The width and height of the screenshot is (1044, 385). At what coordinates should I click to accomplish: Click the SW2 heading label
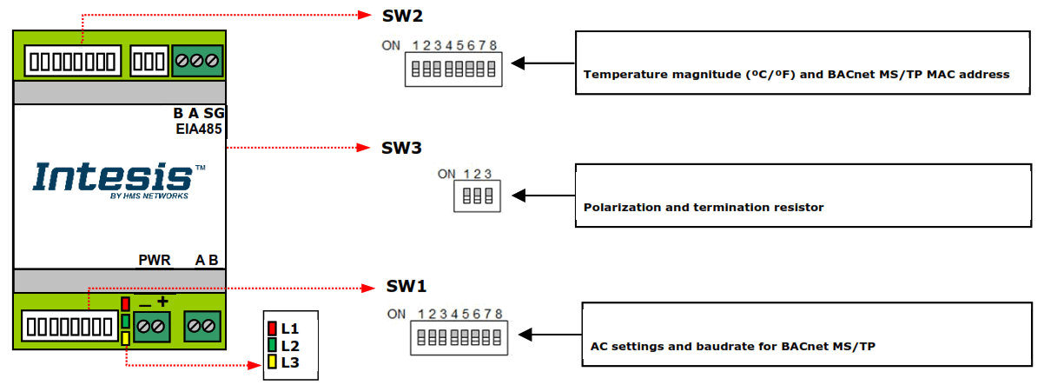point(402,16)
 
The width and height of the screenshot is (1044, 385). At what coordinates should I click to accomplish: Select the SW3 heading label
point(401,149)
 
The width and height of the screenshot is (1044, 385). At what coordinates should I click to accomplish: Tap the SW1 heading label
point(406,287)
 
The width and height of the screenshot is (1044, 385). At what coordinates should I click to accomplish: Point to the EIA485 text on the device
point(199,129)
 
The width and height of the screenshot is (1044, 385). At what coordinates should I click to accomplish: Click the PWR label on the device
point(155,260)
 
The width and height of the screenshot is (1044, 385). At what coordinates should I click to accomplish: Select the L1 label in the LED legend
point(290,329)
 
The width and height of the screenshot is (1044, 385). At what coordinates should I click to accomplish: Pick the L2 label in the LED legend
point(290,346)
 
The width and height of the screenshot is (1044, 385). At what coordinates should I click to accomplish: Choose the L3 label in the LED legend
point(290,362)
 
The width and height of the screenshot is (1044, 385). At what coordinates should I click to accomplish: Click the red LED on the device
point(126,304)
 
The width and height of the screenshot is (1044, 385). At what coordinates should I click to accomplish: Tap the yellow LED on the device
point(126,338)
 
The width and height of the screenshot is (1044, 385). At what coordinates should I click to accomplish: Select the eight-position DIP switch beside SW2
point(452,68)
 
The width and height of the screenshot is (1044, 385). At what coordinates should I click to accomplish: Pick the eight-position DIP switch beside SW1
point(458,337)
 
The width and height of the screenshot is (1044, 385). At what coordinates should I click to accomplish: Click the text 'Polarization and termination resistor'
point(704,208)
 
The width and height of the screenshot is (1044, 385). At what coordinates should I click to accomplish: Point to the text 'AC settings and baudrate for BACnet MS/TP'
point(732,347)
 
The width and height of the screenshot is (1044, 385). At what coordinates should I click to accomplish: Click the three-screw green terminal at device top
point(197,61)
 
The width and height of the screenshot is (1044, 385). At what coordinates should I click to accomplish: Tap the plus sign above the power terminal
point(162,301)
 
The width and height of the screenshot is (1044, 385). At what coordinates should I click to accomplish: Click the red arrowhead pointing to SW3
point(367,149)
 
